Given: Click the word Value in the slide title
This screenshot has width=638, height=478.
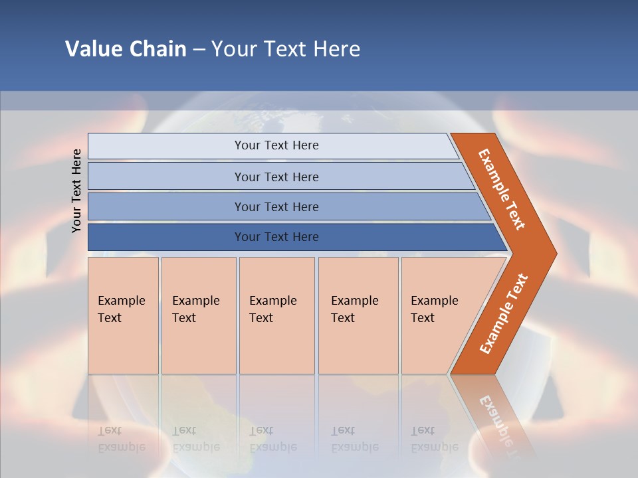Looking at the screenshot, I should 93,49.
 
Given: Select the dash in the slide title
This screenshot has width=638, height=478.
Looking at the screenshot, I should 199,50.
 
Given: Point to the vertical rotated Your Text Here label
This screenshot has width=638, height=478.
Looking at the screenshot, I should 76,191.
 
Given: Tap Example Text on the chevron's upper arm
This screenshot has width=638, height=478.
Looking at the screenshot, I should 502,189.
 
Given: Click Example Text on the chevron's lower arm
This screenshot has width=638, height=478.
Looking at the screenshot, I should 503,314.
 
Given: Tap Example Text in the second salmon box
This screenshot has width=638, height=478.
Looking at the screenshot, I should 195,309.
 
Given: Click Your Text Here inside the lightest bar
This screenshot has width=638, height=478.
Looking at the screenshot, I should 276,145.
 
